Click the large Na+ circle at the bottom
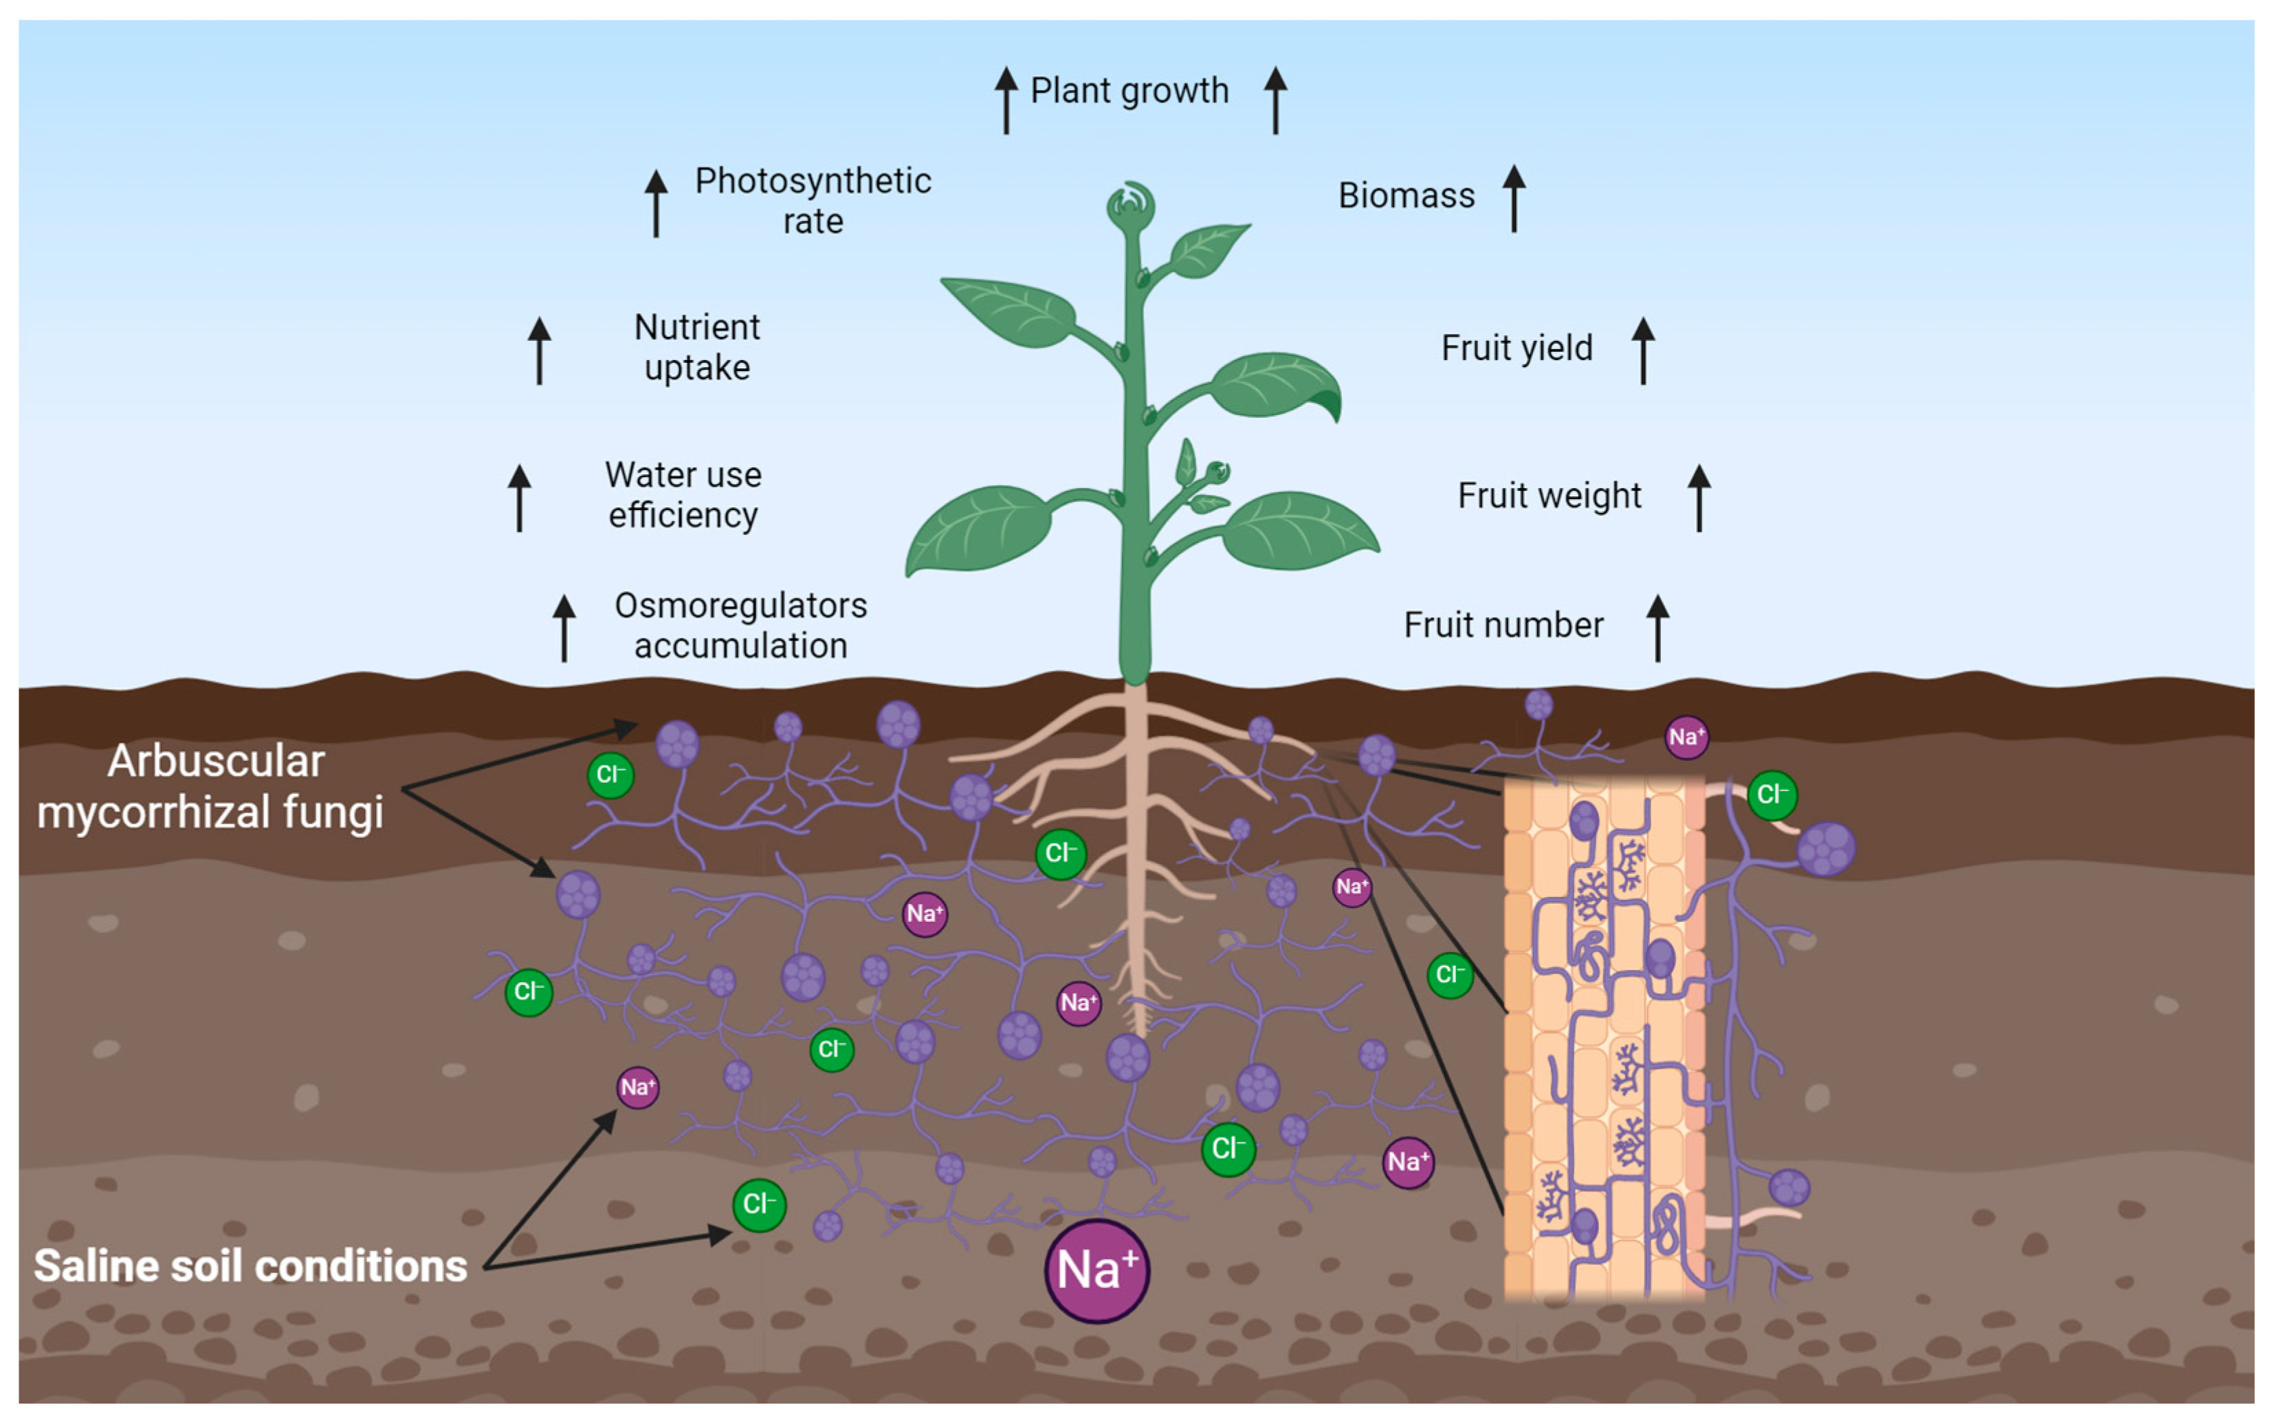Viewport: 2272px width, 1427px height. [1096, 1270]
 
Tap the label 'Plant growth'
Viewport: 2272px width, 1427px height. [1129, 91]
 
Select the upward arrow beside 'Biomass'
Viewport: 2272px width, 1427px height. [1514, 198]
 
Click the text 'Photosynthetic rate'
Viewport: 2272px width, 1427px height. [813, 200]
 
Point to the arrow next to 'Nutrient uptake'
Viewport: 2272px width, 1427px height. [539, 350]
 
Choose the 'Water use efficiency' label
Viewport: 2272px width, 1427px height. [683, 494]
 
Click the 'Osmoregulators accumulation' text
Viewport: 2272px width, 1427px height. [740, 626]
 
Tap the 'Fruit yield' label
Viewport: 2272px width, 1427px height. [1516, 348]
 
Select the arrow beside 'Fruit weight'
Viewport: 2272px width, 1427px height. [1699, 497]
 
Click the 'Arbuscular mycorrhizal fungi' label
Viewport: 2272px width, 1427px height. [211, 786]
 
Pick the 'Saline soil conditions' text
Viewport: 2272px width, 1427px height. [250, 1265]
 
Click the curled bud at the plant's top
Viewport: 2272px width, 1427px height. [1130, 205]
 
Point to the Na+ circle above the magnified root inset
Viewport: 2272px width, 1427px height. [1686, 737]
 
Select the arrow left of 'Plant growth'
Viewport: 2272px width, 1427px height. [1006, 100]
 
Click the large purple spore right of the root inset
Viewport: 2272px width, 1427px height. [1826, 848]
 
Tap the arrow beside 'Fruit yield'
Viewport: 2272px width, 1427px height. [1643, 350]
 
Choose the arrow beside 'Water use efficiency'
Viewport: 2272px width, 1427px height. [519, 497]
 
